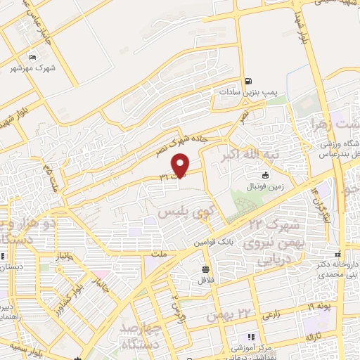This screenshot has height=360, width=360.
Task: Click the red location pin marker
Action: coord(181,164)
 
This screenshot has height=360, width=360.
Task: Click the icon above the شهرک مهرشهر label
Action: coord(32,56)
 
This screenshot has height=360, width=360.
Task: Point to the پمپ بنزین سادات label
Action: coord(240,92)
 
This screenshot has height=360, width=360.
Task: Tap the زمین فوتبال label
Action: coord(263,186)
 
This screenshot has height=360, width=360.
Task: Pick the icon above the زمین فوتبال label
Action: coord(265,175)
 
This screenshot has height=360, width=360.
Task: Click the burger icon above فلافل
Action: coord(205,269)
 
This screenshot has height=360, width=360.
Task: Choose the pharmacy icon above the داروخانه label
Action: coord(338,254)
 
